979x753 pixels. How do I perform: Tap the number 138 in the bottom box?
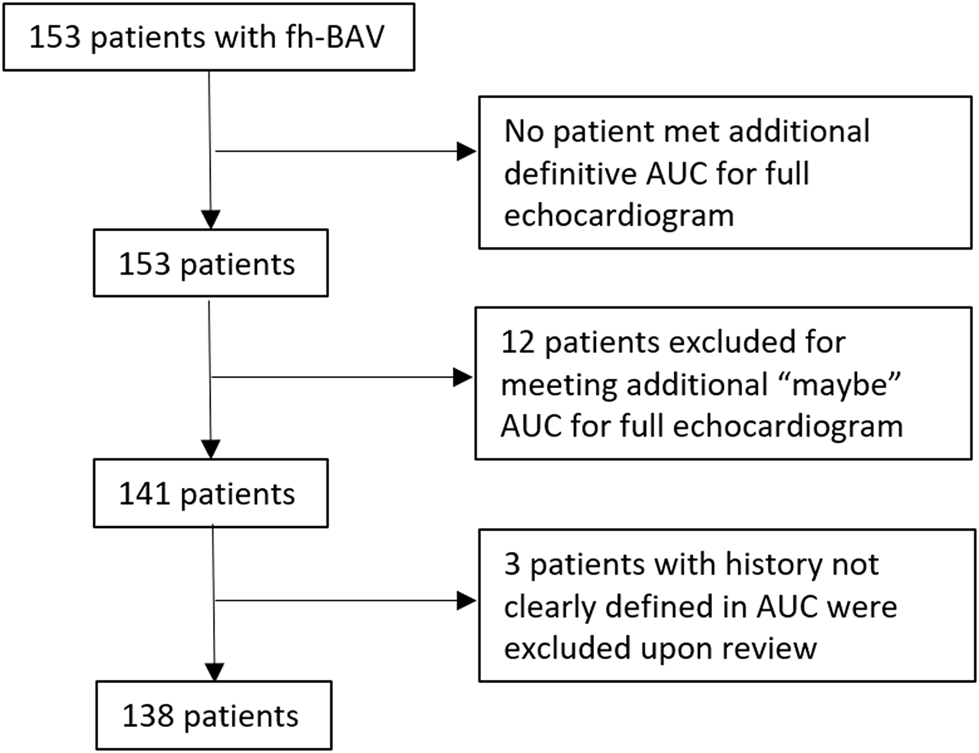(149, 716)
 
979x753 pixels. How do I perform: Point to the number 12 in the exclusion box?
(518, 342)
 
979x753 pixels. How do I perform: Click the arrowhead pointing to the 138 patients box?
(214, 672)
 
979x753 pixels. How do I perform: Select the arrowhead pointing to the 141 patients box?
(210, 449)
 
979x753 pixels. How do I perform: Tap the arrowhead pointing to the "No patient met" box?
(466, 151)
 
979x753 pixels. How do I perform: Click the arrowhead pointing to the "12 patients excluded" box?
(463, 377)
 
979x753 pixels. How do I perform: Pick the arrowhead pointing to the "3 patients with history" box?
(466, 601)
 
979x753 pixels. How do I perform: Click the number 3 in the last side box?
(512, 565)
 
